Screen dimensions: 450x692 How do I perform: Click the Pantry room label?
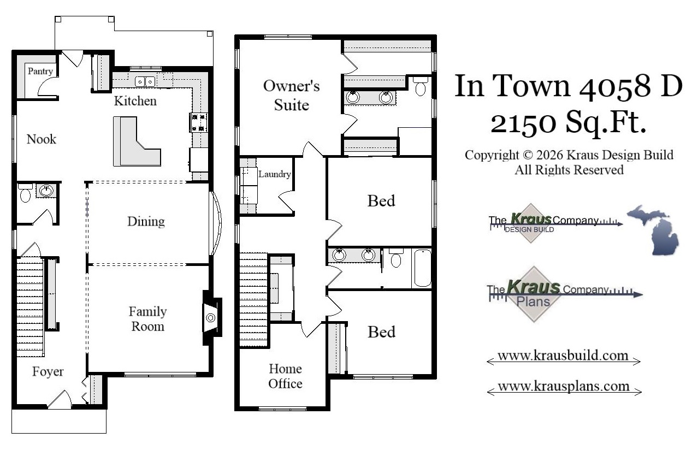pyautogui.click(x=40, y=71)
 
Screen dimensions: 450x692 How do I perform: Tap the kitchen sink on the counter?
pyautogui.click(x=145, y=81)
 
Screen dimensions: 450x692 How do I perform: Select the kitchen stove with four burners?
pyautogui.click(x=199, y=122)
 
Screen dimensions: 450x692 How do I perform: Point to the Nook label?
pyautogui.click(x=42, y=139)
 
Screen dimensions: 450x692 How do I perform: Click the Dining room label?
pyautogui.click(x=146, y=221)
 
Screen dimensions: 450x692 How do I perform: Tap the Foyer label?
pyautogui.click(x=48, y=372)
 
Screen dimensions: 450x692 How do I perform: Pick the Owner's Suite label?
pyautogui.click(x=291, y=95)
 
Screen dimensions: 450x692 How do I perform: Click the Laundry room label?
pyautogui.click(x=274, y=175)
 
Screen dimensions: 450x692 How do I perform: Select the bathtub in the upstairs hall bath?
pyautogui.click(x=422, y=268)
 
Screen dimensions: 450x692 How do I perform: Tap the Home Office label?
pyautogui.click(x=285, y=376)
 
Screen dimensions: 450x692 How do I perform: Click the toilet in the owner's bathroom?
pyautogui.click(x=420, y=87)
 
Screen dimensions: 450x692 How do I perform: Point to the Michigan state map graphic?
pyautogui.click(x=653, y=229)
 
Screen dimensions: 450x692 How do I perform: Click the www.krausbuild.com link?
pyautogui.click(x=563, y=356)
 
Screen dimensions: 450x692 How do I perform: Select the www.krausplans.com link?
pyautogui.click(x=563, y=387)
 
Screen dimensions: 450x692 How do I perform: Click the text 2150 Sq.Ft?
pyautogui.click(x=568, y=124)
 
